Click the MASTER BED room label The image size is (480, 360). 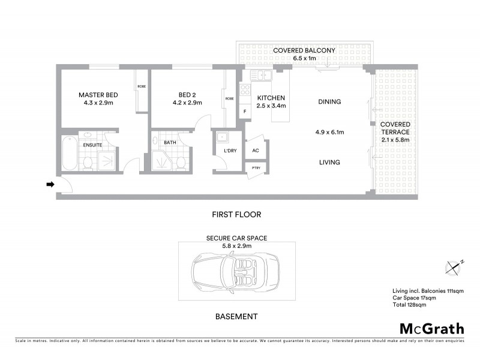(98, 95)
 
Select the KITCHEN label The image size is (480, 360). (271, 98)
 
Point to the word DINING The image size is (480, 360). (329, 102)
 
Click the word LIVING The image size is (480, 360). (329, 162)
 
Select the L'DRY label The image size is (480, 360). (228, 150)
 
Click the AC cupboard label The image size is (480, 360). (256, 150)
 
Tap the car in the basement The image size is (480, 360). (234, 271)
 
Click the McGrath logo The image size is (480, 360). (431, 328)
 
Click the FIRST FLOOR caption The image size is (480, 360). (236, 214)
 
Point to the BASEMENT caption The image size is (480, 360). (236, 316)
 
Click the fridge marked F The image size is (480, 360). (244, 112)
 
